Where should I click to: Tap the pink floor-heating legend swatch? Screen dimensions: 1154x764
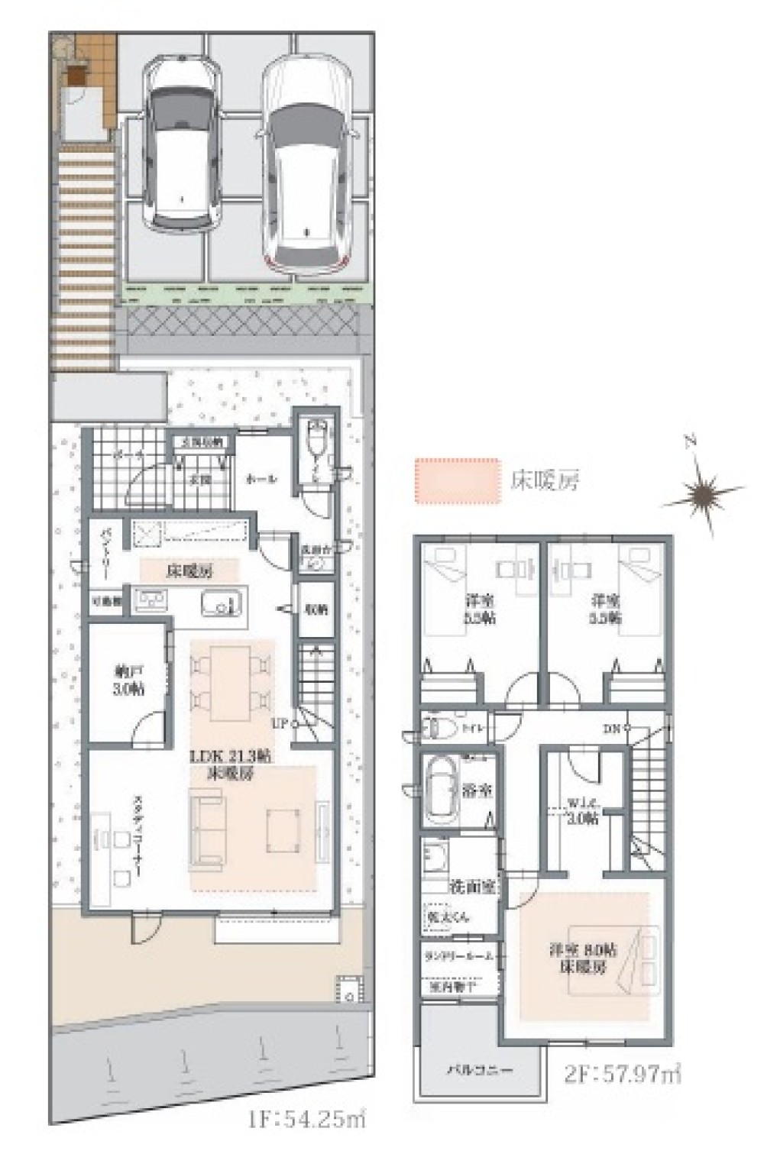point(456,480)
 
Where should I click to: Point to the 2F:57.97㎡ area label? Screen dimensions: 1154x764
point(623,1073)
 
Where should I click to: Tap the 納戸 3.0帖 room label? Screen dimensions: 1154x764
point(130,680)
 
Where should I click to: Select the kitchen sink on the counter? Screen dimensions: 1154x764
point(223,603)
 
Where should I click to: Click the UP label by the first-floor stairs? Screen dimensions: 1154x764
point(279,722)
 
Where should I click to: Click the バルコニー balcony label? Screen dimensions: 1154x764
point(480,1068)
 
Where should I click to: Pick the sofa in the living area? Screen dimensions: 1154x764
point(206,830)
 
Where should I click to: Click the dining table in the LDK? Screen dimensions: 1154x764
point(231,682)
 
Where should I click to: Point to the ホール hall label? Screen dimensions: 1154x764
point(261,480)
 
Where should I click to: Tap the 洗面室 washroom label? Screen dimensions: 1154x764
point(474,887)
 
